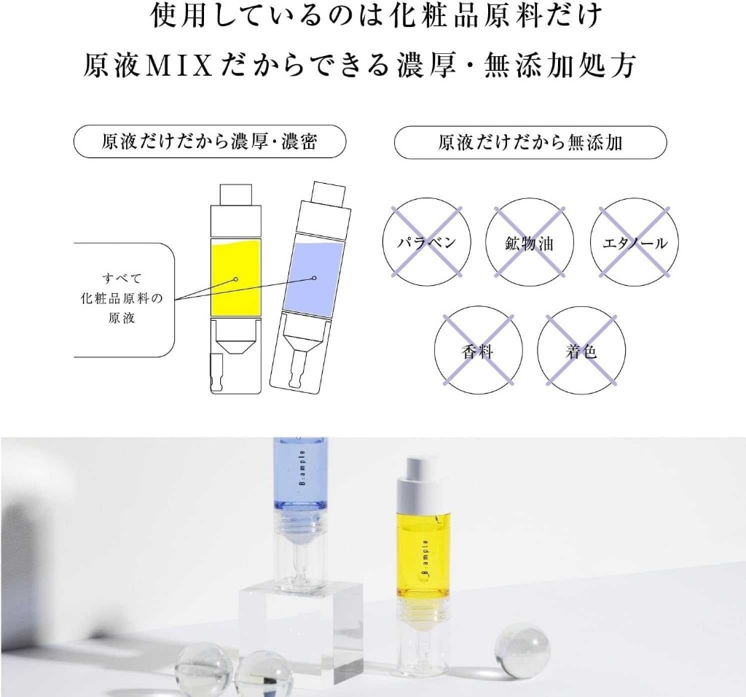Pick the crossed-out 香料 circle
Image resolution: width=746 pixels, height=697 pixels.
pyautogui.click(x=479, y=352)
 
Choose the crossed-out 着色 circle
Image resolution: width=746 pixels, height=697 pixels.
pyautogui.click(x=581, y=352)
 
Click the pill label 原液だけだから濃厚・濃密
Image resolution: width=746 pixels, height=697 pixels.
pyautogui.click(x=209, y=142)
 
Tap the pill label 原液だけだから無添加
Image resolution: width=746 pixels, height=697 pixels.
pyautogui.click(x=530, y=142)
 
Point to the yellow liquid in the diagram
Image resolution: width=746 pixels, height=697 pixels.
pyautogui.click(x=235, y=278)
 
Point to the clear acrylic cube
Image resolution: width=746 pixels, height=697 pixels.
pyautogui.click(x=300, y=627)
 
